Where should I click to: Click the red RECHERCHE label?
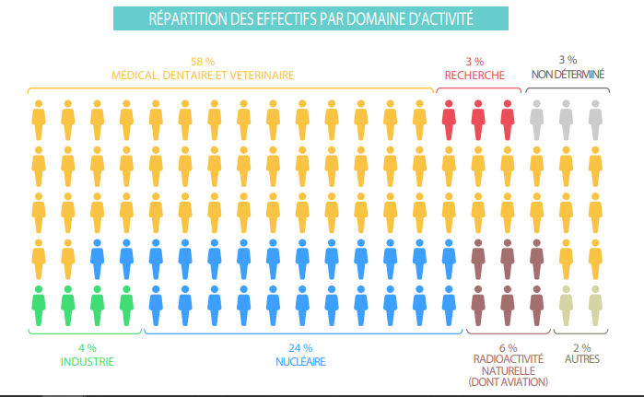coord(474,75)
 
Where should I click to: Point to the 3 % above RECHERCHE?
coord(474,60)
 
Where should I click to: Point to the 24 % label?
coord(301,347)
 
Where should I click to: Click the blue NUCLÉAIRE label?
coord(301,361)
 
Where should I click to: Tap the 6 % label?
coord(509,347)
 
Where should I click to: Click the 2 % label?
coord(581,347)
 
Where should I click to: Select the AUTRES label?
coord(581,361)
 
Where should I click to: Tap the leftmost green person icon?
coord(38,303)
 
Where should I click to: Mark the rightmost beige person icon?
coord(595,303)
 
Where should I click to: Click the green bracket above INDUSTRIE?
coord(86,330)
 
